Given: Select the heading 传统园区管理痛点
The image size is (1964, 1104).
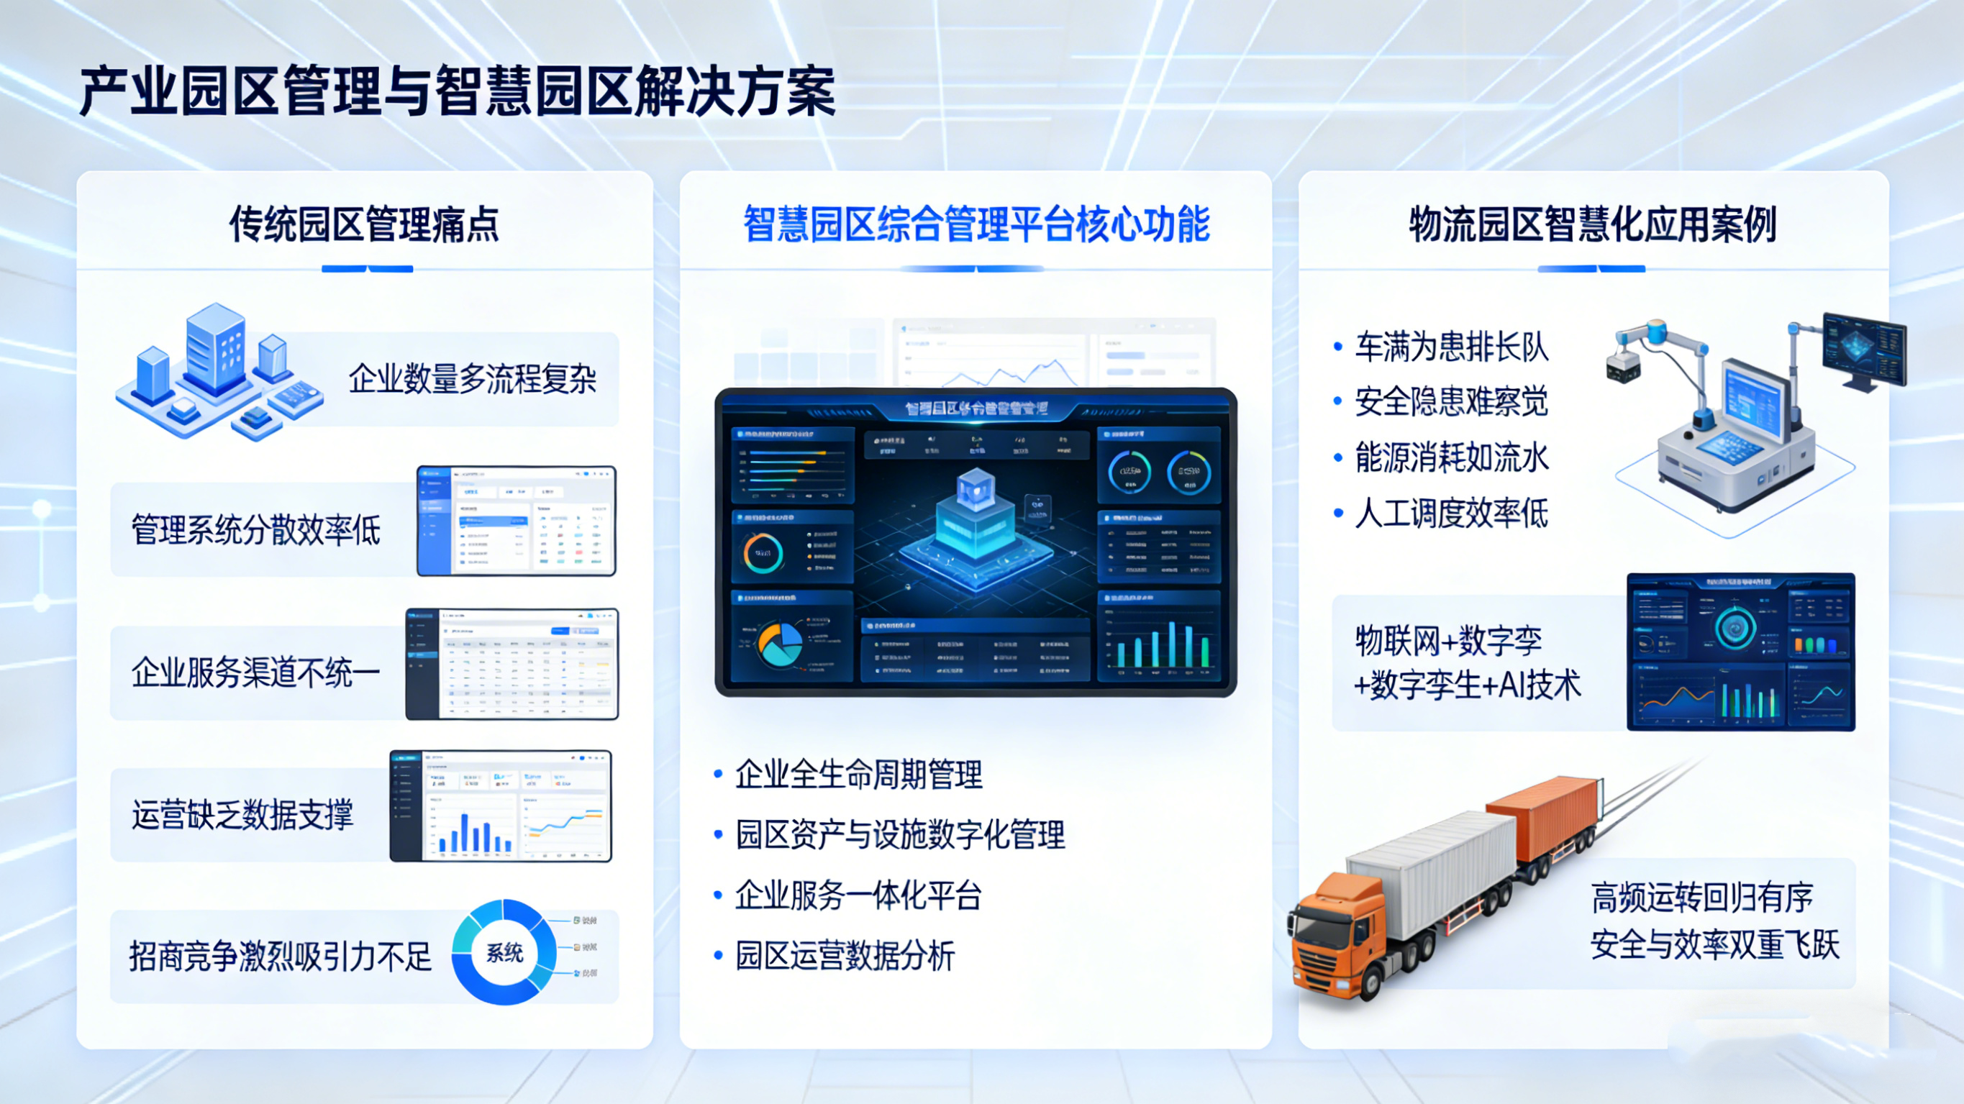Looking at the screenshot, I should click(x=365, y=224).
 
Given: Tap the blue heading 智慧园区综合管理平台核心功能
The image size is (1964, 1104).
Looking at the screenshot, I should click(x=976, y=224).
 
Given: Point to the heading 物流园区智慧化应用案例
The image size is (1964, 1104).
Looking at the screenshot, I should click(x=1593, y=224).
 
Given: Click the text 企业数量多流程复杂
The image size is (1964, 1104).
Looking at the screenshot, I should click(x=472, y=379).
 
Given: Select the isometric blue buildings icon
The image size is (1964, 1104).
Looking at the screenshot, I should click(x=217, y=373).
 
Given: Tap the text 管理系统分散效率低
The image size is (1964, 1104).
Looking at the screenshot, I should click(x=256, y=530).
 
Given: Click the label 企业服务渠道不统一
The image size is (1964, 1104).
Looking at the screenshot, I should click(x=256, y=673).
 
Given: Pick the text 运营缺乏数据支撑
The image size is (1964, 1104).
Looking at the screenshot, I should click(x=242, y=815).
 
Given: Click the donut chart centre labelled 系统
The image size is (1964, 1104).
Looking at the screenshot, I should click(x=504, y=953).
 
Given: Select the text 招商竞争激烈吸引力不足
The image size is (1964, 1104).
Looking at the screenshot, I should click(x=281, y=957).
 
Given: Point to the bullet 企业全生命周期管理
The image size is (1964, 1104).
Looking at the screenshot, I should click(x=858, y=775).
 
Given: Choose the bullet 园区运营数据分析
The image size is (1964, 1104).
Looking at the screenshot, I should click(x=845, y=956).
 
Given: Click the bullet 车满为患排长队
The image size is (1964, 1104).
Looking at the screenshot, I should click(x=1452, y=347).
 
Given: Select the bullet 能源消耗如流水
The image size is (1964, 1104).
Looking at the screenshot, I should click(x=1452, y=457).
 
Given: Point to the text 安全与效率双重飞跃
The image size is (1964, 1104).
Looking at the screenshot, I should click(x=1714, y=946).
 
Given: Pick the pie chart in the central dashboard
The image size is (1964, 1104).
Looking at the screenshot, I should click(x=779, y=644).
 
